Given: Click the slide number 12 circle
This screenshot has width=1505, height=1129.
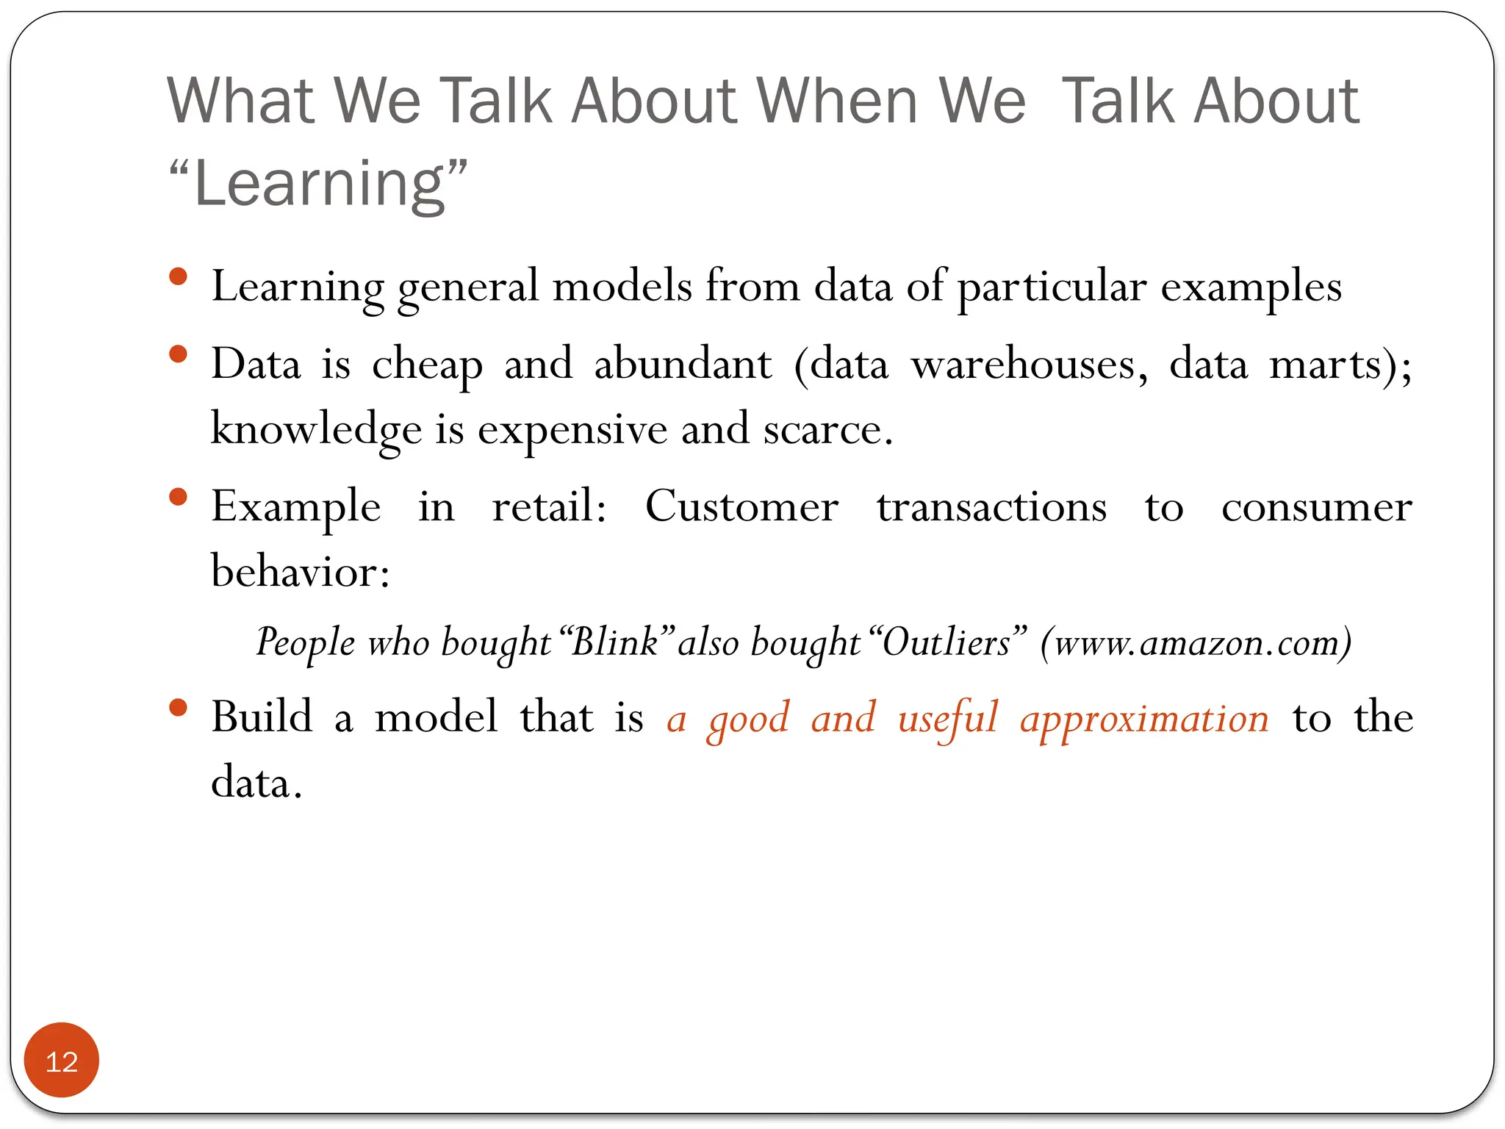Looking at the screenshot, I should (62, 1061).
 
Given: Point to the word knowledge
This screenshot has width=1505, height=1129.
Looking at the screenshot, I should (316, 430).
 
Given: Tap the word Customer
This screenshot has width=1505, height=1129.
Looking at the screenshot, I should (741, 506).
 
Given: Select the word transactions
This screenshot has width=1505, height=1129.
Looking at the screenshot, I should (991, 506).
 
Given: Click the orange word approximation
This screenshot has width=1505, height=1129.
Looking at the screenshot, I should (1143, 718).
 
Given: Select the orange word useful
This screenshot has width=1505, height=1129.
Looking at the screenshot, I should (947, 718).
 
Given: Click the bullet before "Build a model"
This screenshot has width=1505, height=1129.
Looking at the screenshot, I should (178, 708).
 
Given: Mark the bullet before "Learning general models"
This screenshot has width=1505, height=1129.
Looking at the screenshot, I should (178, 277).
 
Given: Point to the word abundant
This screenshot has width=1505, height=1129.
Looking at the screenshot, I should (683, 364).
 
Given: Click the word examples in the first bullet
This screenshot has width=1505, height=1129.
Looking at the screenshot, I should (1251, 287).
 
